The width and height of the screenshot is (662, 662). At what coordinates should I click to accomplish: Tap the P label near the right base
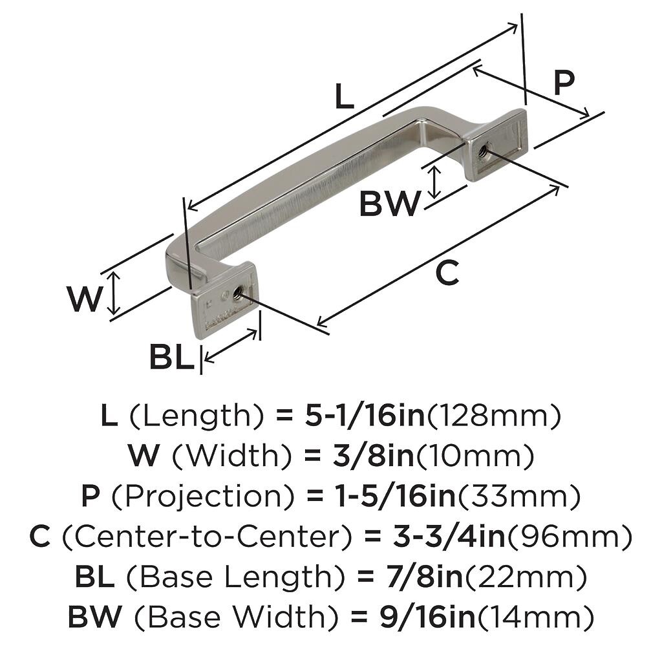[x=564, y=83]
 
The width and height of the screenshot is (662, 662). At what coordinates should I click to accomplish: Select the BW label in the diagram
[x=389, y=205]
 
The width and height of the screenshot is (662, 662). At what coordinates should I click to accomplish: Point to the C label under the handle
[x=447, y=273]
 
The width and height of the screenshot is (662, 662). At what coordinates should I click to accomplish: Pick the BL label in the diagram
[x=171, y=358]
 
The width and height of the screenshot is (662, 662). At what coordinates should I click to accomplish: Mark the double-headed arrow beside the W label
[x=114, y=292]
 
